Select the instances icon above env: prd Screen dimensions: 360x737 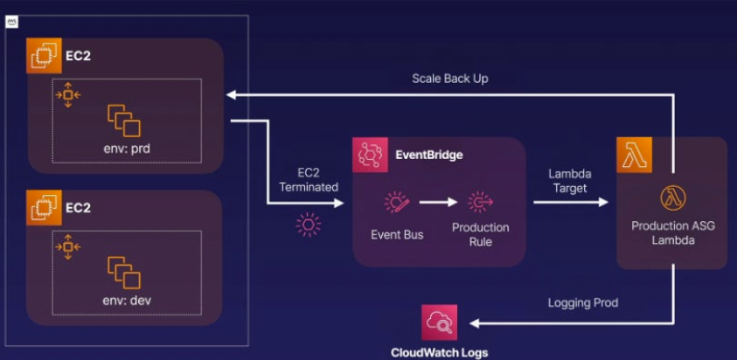(x=123, y=120)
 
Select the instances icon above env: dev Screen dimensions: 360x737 (x=123, y=272)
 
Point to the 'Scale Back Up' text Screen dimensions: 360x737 (x=449, y=79)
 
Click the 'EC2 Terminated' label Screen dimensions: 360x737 (x=307, y=180)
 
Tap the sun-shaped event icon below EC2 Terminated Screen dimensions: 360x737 (x=308, y=225)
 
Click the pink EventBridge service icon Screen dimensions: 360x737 (x=371, y=155)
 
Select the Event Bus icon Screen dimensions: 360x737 (x=397, y=203)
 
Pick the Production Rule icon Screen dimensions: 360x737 (x=480, y=203)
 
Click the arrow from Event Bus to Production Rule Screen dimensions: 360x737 (x=438, y=203)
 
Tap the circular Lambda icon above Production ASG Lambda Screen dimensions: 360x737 (x=671, y=197)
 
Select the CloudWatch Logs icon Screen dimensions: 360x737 (x=439, y=322)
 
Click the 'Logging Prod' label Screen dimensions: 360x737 (x=584, y=302)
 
